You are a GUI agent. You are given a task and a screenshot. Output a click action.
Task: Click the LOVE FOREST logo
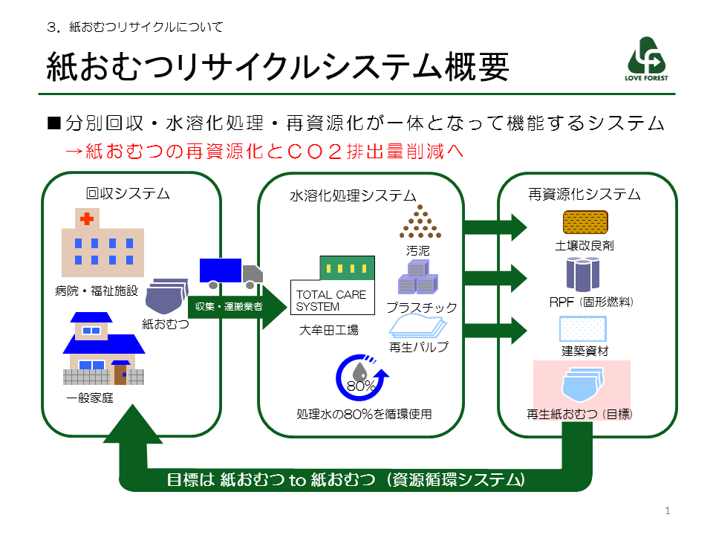pyautogui.click(x=646, y=59)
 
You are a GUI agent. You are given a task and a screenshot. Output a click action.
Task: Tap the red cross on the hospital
pyautogui.click(x=87, y=218)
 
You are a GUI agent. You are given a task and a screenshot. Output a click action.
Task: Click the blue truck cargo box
pyautogui.click(x=221, y=270)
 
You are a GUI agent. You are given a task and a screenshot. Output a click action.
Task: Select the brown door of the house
pyautogui.click(x=120, y=373)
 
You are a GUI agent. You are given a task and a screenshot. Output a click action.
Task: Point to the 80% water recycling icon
pyautogui.click(x=362, y=377)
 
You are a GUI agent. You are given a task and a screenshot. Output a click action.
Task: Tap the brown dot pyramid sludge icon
pyautogui.click(x=420, y=221)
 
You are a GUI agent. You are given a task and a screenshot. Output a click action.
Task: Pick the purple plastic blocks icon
pyautogui.click(x=418, y=277)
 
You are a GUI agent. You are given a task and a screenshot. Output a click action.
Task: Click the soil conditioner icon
pyautogui.click(x=585, y=222)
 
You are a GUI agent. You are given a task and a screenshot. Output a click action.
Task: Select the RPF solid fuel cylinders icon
pyautogui.click(x=583, y=274)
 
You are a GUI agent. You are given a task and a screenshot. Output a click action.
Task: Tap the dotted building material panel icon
pyautogui.click(x=582, y=329)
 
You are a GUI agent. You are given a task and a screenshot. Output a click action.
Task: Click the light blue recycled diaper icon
pyautogui.click(x=582, y=384)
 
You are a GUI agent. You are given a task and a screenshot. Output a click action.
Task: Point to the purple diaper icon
pyautogui.click(x=167, y=296)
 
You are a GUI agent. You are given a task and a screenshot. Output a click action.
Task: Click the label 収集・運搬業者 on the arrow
pyautogui.click(x=229, y=307)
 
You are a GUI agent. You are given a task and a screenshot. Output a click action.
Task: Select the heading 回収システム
pyautogui.click(x=128, y=194)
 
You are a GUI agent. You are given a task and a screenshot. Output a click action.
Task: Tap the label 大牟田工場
pyautogui.click(x=329, y=330)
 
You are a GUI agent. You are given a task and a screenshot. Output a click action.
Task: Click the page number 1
pyautogui.click(x=668, y=511)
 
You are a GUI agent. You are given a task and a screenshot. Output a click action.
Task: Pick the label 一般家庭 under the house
pyautogui.click(x=90, y=398)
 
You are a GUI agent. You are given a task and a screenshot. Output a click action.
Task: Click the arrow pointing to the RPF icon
pyautogui.click(x=495, y=278)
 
